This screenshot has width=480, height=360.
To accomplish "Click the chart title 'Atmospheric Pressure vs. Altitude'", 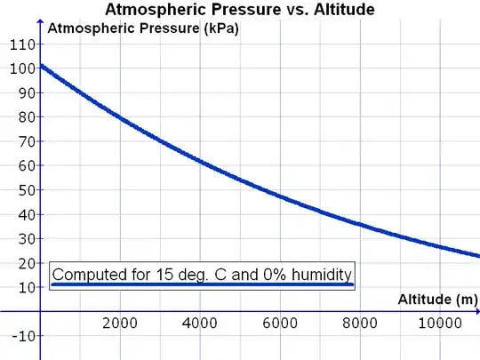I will tap(240, 10).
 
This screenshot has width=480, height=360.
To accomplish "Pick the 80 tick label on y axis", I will tap(22, 117).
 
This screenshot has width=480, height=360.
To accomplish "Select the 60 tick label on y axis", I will tap(22, 165).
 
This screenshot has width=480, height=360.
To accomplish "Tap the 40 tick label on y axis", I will tap(22, 214).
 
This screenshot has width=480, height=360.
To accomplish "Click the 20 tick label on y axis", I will tap(22, 263).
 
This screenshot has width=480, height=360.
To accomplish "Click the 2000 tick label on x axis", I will tap(119, 324).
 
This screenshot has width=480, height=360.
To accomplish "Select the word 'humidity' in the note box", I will tap(319, 275).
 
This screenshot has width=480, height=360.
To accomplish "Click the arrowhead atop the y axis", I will tap(40, 25).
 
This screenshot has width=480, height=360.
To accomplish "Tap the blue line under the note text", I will tap(203, 285).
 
